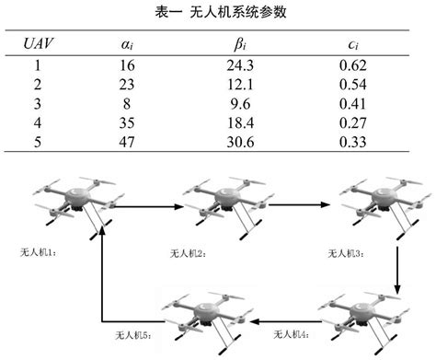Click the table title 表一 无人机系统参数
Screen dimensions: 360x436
[x=217, y=12]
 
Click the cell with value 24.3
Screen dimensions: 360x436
[x=240, y=66]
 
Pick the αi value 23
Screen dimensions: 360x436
[x=127, y=84]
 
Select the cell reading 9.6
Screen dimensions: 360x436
[x=240, y=102]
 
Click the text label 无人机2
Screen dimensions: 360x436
[x=187, y=252]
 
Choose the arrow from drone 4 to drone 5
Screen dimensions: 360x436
[x=286, y=321]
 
